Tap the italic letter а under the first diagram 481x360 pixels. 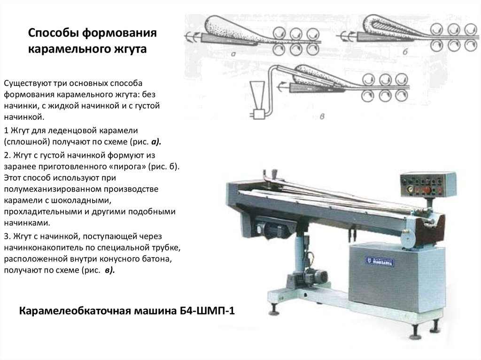[x=233, y=54]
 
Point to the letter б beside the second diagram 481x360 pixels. [x=405, y=52]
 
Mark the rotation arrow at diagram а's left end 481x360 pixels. [x=192, y=37]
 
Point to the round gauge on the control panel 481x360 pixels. [x=410, y=188]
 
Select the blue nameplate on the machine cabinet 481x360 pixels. [x=380, y=261]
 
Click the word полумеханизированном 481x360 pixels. [x=53, y=190]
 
